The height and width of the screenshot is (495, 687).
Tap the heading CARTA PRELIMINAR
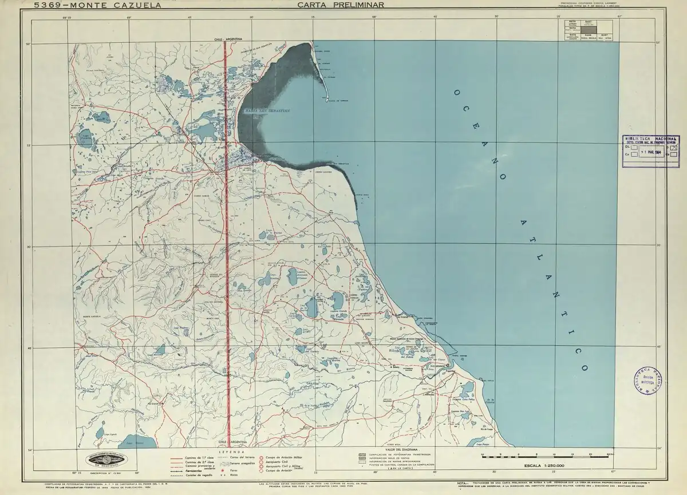click(340, 5)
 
